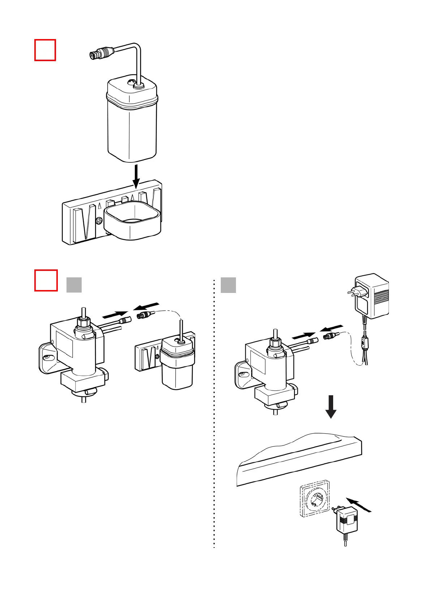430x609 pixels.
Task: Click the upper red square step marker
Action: pyautogui.click(x=45, y=50)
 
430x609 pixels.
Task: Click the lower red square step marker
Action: pyautogui.click(x=46, y=280)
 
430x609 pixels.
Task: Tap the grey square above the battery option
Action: pyautogui.click(x=74, y=285)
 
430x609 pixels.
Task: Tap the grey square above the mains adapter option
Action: pyautogui.click(x=228, y=285)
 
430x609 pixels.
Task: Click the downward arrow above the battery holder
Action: pyautogui.click(x=136, y=176)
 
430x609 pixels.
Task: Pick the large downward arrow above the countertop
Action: pyautogui.click(x=331, y=406)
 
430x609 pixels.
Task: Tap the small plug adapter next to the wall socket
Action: pyautogui.click(x=346, y=520)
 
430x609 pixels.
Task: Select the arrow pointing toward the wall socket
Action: pyautogui.click(x=359, y=505)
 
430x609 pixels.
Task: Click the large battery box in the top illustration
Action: pyautogui.click(x=132, y=121)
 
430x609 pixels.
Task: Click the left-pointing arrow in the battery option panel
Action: pyautogui.click(x=146, y=306)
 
